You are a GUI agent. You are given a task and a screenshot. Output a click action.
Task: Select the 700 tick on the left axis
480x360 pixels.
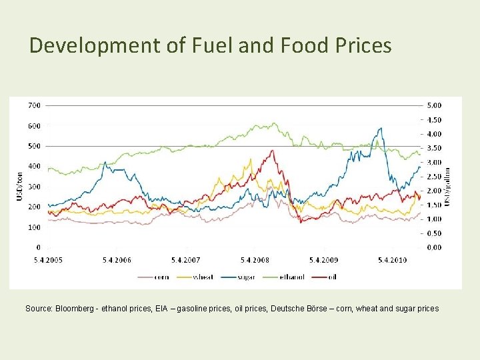pos(33,105)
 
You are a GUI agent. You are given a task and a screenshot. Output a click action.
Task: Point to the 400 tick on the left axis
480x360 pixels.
pos(33,166)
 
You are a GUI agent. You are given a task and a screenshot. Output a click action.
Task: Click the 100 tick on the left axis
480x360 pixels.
pos(33,227)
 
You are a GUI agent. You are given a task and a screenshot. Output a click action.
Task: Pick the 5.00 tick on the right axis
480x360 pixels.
pos(433,105)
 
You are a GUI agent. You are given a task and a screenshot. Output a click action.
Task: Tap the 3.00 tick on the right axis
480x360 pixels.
pos(433,162)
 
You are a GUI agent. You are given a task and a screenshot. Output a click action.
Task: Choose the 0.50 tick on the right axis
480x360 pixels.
pos(433,233)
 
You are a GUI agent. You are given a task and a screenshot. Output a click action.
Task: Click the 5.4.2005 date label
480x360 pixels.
pos(49,260)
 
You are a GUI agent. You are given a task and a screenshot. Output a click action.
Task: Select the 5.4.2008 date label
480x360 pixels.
pos(255,260)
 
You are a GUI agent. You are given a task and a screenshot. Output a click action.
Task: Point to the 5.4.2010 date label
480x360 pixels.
pos(392,260)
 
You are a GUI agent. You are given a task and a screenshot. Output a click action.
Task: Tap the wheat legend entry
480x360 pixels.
pos(203,277)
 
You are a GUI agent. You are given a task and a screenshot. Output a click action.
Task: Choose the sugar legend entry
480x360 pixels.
pos(247,277)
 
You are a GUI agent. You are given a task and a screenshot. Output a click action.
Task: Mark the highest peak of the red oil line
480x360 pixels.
pos(272,151)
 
